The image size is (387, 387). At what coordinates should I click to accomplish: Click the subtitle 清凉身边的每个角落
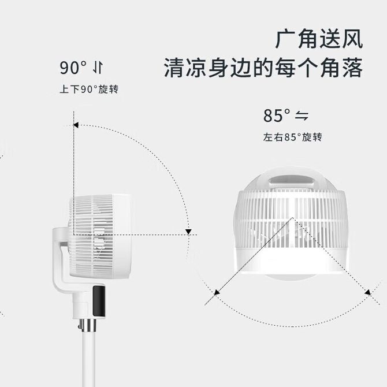point(263,68)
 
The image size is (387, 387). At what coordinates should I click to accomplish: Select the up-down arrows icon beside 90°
point(98,68)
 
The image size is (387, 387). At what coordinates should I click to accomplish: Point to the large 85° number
point(277,116)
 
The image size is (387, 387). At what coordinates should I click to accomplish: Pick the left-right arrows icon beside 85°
point(302,116)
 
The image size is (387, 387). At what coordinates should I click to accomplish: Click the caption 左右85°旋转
point(292,137)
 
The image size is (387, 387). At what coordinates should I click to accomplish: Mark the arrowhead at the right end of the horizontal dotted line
point(188,232)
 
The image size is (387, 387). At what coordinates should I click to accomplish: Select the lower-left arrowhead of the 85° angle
point(216,293)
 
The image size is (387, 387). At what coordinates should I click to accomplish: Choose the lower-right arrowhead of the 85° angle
point(367,293)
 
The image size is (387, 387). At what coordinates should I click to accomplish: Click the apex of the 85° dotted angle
point(292,218)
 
